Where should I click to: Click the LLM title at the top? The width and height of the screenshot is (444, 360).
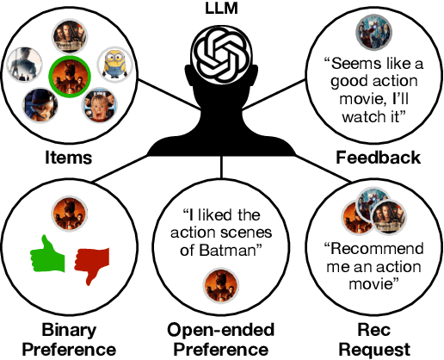(x=221, y=9)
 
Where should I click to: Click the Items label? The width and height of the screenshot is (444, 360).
(x=68, y=158)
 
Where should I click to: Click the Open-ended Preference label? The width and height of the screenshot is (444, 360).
(x=222, y=339)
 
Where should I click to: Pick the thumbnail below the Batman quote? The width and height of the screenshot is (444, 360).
(x=216, y=282)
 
